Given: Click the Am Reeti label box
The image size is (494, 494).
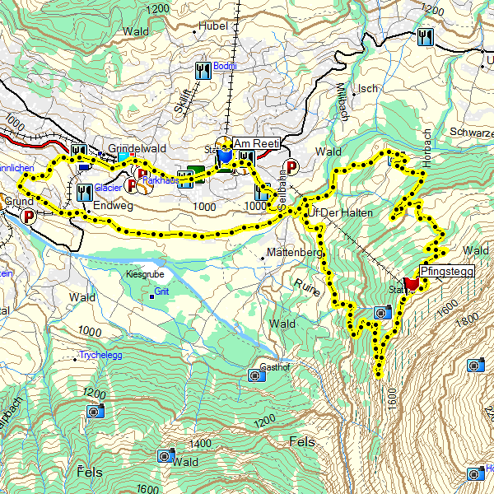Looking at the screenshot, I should click(x=258, y=143).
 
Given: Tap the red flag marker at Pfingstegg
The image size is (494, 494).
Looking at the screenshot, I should click(x=413, y=282).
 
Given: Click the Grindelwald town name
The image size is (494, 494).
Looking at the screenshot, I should click(x=137, y=148).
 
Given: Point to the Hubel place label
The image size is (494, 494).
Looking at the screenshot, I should click(x=212, y=26).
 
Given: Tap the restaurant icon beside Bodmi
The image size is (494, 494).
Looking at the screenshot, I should click(x=203, y=68).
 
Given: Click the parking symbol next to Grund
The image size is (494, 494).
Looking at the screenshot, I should click(x=30, y=217).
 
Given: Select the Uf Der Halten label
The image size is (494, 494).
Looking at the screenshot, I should click(x=338, y=213).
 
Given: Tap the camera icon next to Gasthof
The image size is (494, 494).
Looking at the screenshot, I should click(x=255, y=376).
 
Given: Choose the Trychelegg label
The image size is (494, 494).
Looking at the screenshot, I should click(x=101, y=356).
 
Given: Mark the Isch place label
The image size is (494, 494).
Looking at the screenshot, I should click(x=367, y=89).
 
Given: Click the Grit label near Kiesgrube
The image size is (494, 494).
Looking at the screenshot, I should click(x=162, y=291).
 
